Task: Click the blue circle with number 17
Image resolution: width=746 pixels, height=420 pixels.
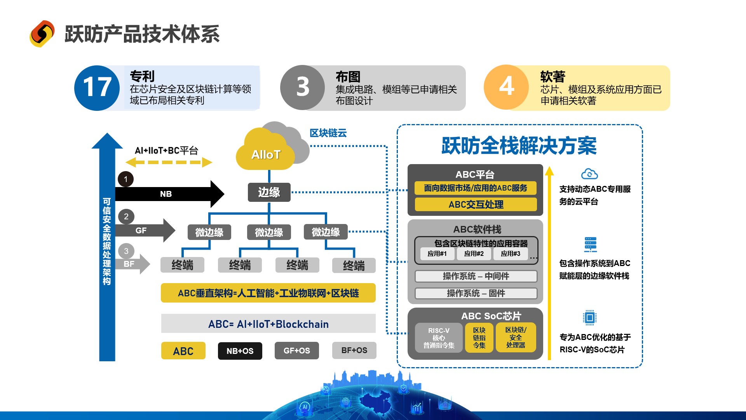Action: [x=97, y=87]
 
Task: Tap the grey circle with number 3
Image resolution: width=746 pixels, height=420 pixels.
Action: [x=302, y=87]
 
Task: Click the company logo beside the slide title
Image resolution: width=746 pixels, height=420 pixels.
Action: [x=42, y=34]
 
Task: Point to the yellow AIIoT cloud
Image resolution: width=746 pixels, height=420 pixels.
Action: [x=265, y=152]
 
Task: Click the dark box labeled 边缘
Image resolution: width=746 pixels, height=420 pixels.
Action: [x=269, y=192]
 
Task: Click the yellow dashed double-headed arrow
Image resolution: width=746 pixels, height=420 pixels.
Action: [x=169, y=162]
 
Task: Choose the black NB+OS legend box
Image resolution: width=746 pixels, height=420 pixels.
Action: [x=240, y=351]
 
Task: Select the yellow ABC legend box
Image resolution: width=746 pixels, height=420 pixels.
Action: [x=183, y=351]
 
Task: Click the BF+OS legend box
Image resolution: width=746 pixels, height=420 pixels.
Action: [x=354, y=350]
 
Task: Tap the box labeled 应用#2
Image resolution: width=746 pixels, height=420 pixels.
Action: [x=474, y=254]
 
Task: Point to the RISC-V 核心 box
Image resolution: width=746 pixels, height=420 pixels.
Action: [x=439, y=338]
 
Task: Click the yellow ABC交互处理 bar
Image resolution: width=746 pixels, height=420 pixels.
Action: [x=476, y=204]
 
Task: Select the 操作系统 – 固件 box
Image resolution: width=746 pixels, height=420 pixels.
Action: [x=476, y=293]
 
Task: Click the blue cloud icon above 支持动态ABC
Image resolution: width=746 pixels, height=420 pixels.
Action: [x=589, y=174]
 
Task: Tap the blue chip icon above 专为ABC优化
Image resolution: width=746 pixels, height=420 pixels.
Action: [x=589, y=318]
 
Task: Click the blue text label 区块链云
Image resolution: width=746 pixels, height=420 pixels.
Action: [x=328, y=133]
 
